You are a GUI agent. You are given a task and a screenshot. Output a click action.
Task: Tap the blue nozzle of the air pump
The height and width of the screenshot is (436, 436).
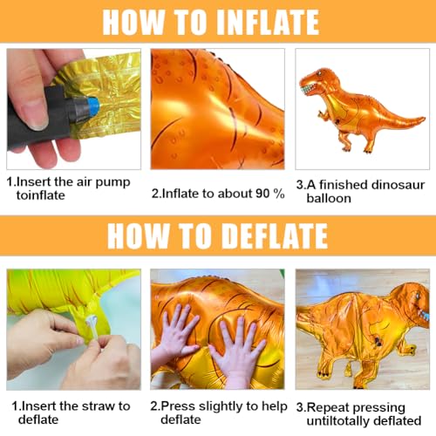90,108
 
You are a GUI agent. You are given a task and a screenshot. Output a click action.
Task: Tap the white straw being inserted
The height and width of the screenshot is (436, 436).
91,329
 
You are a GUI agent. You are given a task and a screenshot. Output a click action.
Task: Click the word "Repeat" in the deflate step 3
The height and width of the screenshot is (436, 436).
331,407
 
